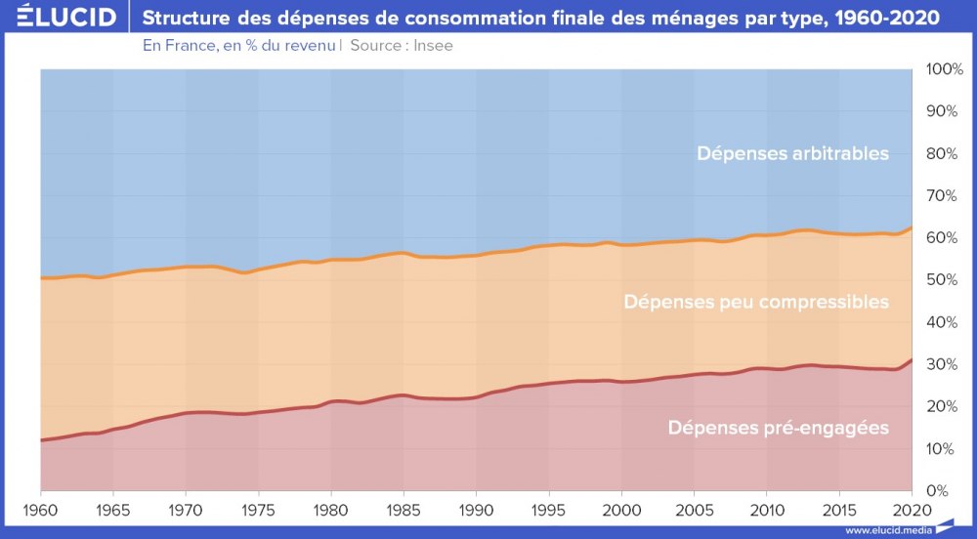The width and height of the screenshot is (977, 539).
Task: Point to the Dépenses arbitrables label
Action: pos(792,153)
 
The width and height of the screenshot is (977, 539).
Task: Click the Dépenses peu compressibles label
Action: pos(756,302)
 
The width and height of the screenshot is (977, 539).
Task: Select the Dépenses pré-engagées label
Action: pos(778,428)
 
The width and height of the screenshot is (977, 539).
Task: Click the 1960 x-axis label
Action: pos(40,510)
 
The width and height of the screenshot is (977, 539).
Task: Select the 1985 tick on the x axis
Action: pos(404,510)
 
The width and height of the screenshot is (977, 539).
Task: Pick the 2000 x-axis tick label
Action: pos(621,510)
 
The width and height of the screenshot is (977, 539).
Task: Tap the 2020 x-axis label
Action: pos(912,510)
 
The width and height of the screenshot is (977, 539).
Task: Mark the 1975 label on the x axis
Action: pos(258,510)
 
